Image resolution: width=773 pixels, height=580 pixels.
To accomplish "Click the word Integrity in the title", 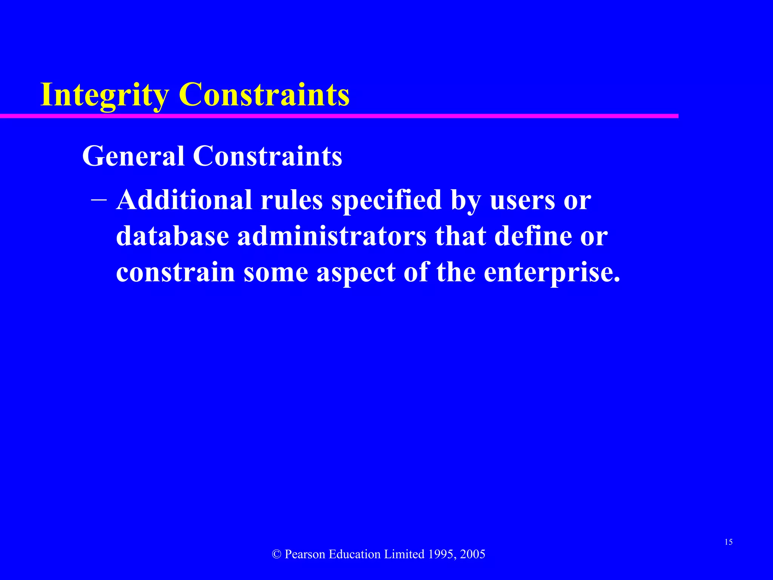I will pos(104,95).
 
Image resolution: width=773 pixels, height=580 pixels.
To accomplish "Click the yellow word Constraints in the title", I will pos(264,94).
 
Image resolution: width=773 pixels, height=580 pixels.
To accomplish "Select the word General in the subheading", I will pos(133,156).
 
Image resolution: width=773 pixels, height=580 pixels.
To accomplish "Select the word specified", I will pos(386,200).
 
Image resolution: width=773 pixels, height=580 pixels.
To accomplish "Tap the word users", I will pos(522,200).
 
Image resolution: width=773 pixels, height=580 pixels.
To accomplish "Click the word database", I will pos(172,236).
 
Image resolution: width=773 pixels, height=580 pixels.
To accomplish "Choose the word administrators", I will pos(332,236).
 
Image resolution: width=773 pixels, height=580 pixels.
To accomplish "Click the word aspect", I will pos(356,273).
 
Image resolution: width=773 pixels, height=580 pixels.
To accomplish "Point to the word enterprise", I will pos(551,273).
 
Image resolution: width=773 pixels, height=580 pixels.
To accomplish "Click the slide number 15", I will pos(728,542).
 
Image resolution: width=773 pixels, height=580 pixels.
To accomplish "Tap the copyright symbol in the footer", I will pos(277,554).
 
